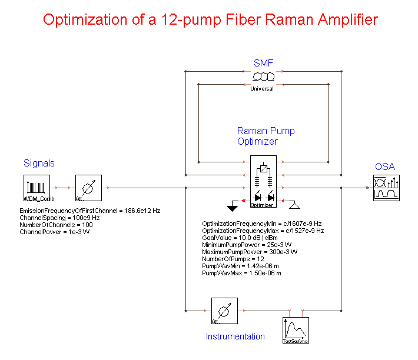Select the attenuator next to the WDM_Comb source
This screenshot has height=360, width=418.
[x=89, y=188]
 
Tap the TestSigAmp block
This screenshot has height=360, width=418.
[x=296, y=330]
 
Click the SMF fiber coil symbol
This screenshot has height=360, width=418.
[x=263, y=78]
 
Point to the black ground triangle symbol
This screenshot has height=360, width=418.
[x=233, y=207]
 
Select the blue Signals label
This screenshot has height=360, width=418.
[x=39, y=163]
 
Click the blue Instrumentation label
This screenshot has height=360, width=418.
[x=235, y=336]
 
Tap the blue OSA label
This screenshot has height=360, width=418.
[x=385, y=167]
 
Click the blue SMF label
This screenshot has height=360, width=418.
[x=263, y=63]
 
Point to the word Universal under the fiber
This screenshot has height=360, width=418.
[x=262, y=89]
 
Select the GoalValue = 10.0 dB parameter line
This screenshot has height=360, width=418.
[x=241, y=238]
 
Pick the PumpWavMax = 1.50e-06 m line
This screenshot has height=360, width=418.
[x=241, y=274]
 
